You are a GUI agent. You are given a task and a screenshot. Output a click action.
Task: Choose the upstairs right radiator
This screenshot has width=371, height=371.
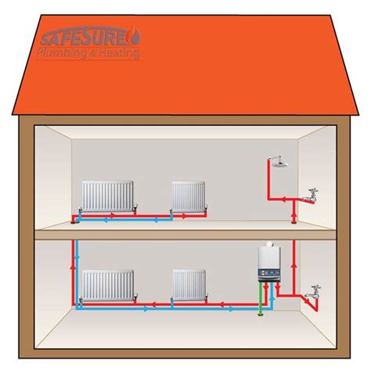[189, 195]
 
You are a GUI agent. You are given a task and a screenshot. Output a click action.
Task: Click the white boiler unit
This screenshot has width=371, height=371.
[270, 265]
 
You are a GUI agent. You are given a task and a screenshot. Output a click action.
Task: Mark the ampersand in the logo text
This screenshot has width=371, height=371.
[100, 54]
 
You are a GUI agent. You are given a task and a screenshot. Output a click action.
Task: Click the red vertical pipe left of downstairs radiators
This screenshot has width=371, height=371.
[76, 270]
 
